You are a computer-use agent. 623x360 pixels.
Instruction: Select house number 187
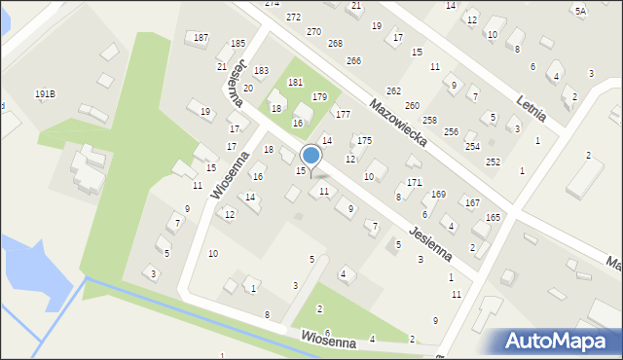(201, 38)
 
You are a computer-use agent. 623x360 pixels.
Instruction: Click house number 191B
(45, 93)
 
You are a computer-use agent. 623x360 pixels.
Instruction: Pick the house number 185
(238, 44)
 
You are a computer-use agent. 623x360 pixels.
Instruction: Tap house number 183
(261, 71)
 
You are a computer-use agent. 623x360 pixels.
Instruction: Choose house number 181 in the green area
(295, 82)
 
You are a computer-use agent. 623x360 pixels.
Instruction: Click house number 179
(319, 96)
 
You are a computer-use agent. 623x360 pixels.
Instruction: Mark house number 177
(343, 115)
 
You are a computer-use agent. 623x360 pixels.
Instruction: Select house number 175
(364, 141)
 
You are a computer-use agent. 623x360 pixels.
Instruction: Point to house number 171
(414, 182)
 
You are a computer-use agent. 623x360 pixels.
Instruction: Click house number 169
(439, 195)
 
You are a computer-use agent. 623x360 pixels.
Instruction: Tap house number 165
(493, 217)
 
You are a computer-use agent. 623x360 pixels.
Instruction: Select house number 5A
(580, 11)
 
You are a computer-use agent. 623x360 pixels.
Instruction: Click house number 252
(493, 162)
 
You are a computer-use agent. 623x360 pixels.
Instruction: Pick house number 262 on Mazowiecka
(393, 90)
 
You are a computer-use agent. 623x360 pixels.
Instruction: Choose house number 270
(313, 32)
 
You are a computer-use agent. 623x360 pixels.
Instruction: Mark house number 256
(451, 131)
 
